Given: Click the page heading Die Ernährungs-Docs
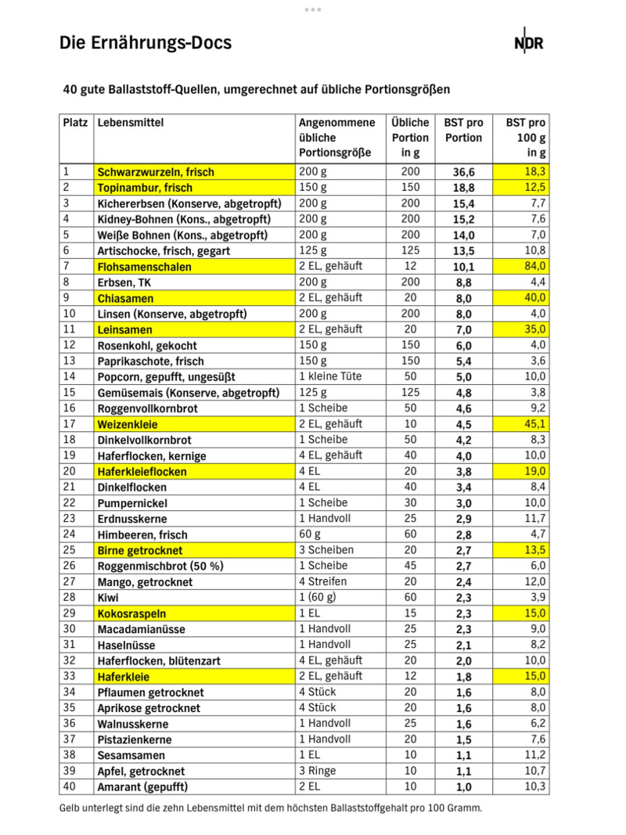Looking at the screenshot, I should click(146, 43).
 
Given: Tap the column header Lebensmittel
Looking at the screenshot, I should click(130, 123).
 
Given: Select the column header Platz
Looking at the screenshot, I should click(76, 123).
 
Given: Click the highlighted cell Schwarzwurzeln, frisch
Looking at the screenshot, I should click(155, 172).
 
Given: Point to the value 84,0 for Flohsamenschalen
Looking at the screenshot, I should click(534, 267).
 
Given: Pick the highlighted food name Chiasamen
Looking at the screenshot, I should click(125, 298).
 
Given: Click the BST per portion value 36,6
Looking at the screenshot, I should click(463, 172).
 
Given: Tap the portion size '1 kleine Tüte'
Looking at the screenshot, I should click(330, 376).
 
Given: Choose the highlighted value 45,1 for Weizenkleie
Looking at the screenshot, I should click(534, 424).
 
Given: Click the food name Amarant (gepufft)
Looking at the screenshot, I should click(143, 786).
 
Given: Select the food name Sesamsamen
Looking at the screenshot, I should click(131, 755).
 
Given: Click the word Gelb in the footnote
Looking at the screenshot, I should click(71, 808).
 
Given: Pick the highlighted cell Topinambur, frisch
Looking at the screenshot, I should click(145, 188).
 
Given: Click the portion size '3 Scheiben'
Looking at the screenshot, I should click(326, 550).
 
